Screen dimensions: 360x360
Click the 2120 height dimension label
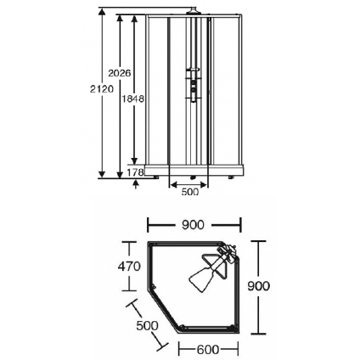102,89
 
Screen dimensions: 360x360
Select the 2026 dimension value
120,73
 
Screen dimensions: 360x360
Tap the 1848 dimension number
132,98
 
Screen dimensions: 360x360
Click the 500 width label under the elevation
189,192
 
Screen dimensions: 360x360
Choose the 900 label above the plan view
193,225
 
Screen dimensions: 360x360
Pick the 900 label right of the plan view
259,286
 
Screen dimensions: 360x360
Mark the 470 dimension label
129,267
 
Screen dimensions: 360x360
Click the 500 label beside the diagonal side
147,325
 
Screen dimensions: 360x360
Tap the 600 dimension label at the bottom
208,350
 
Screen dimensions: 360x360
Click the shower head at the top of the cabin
194,10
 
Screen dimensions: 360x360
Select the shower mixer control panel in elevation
193,84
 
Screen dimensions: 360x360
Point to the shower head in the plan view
211,268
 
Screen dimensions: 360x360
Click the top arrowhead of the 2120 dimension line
102,12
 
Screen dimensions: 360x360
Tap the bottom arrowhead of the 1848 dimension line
135,160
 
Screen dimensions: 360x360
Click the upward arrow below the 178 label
136,184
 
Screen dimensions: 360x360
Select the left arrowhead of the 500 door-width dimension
173,185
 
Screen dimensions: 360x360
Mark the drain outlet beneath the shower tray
193,177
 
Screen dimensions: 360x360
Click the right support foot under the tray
231,177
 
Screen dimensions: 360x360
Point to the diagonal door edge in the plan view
165,310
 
